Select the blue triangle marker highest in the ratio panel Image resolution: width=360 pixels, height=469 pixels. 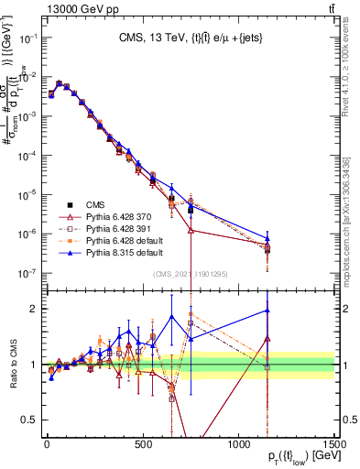(267, 310)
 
